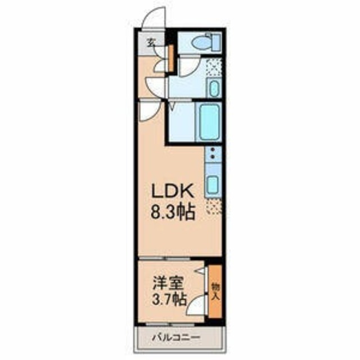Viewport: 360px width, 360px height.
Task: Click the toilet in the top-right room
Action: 200,42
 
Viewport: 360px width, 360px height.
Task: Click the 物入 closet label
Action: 214,293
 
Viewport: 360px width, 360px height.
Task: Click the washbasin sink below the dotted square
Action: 214,88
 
